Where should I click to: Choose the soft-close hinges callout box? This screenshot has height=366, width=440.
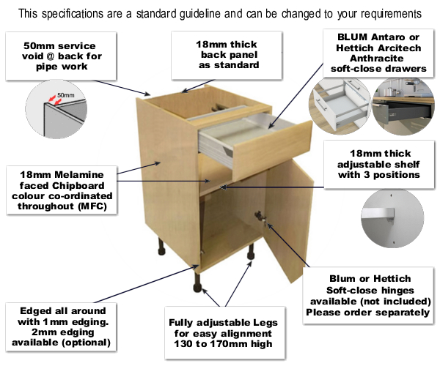point(369,295)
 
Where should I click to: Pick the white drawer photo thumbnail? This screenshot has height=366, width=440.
point(338,106)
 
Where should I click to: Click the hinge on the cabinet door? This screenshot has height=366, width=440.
point(261,217)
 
